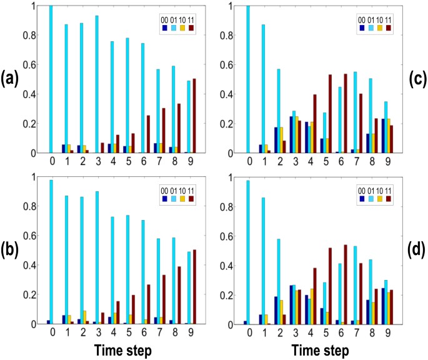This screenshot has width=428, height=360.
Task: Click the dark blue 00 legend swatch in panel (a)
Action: click(163, 27)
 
